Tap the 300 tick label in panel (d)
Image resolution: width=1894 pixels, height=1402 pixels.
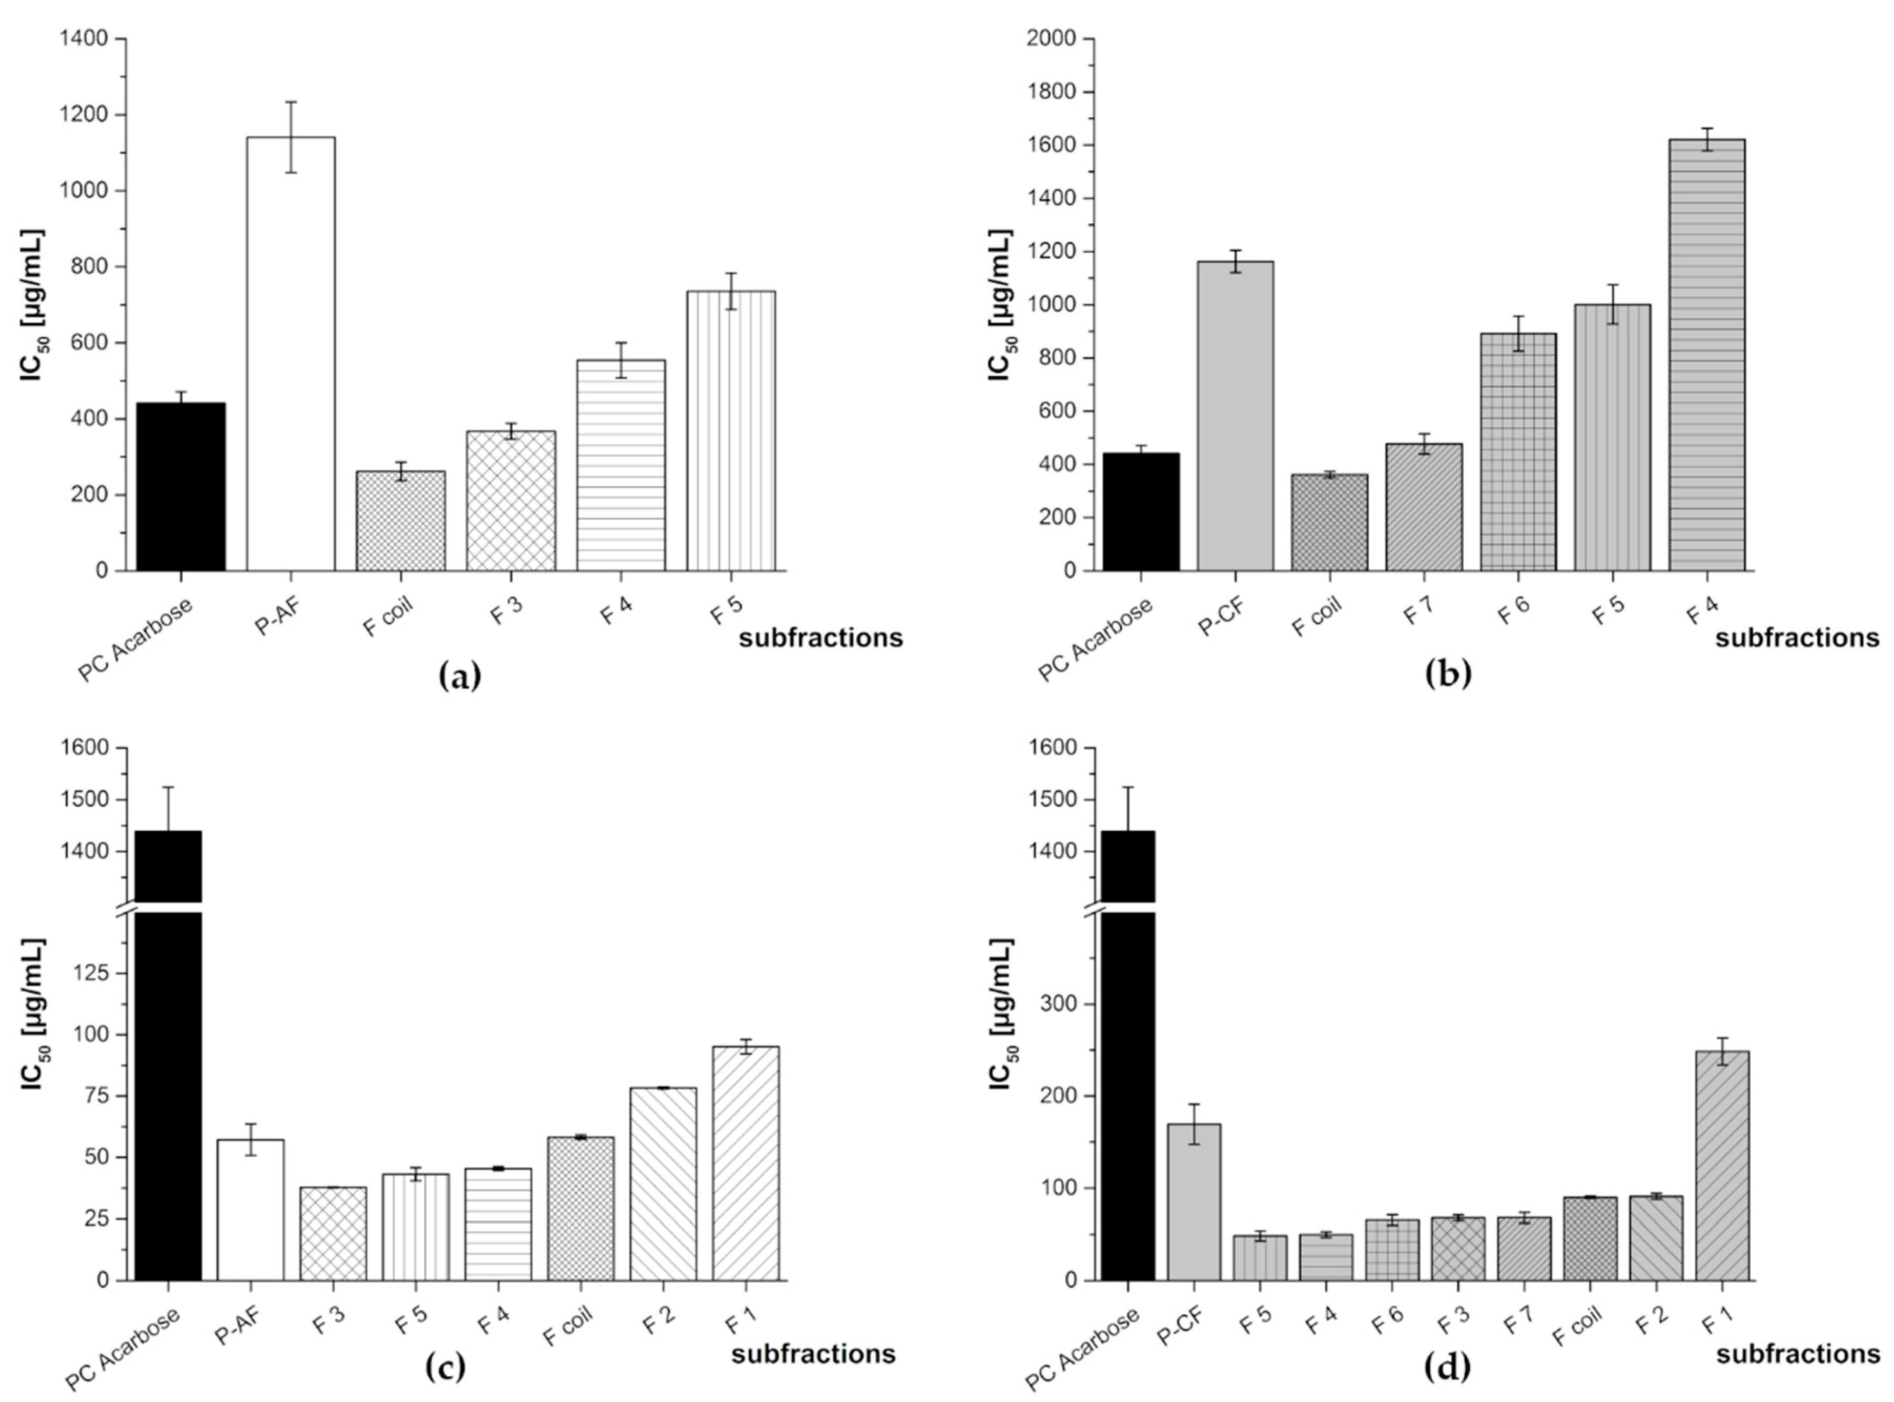1058,1004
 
